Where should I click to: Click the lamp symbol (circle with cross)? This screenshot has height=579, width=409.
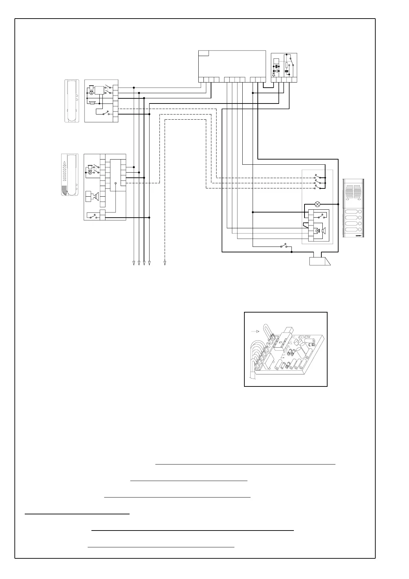pos(318,204)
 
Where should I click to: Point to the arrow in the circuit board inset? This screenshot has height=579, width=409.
pos(255,331)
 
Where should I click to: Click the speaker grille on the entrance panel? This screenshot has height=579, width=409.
pos(353,193)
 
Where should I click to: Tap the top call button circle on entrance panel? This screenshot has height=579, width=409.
pos(360,212)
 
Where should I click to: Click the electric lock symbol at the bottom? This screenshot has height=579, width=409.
pos(319,261)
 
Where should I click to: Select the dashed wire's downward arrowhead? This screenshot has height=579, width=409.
pos(165,263)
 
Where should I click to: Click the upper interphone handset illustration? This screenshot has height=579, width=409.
pos(72,101)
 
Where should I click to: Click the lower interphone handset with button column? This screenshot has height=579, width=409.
pos(70,175)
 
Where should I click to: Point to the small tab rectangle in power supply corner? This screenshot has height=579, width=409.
pos(203,53)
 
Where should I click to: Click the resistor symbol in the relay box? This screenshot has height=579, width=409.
pos(287,65)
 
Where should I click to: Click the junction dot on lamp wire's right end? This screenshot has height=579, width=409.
pos(339,204)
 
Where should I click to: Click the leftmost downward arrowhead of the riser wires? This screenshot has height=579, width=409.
pos(134,263)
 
